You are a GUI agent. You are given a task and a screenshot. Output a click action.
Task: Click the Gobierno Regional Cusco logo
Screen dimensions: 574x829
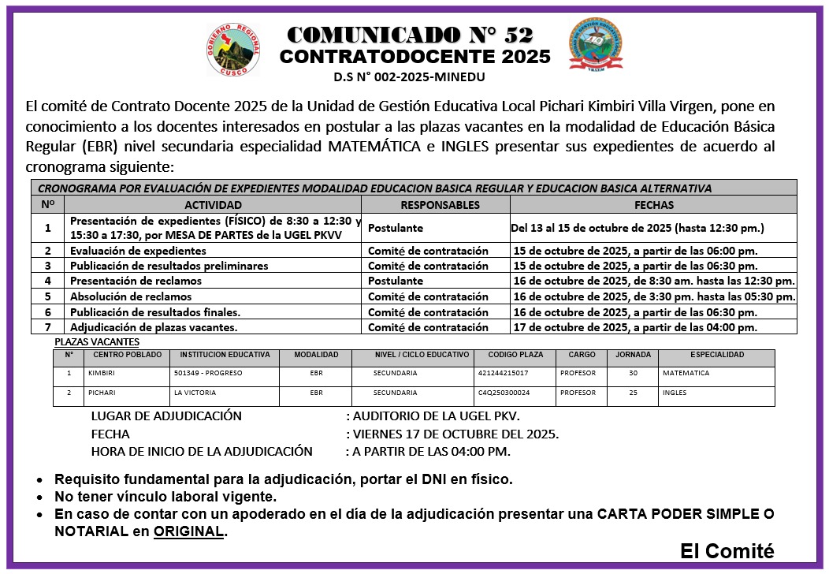(x=232, y=49)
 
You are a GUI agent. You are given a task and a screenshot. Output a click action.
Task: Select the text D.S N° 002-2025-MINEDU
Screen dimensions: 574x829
(x=409, y=77)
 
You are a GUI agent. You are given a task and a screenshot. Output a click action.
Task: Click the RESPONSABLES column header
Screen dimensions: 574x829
(x=439, y=205)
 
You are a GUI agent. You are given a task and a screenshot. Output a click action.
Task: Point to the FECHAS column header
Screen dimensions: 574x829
(x=653, y=205)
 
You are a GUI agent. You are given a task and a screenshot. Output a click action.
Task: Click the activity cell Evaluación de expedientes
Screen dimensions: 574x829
(x=138, y=251)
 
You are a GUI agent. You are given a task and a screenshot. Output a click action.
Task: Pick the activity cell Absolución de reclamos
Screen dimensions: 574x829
(x=131, y=296)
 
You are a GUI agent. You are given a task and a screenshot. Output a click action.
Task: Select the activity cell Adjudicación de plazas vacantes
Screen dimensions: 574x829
(x=154, y=327)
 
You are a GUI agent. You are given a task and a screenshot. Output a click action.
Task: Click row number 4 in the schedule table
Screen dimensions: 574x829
(x=48, y=281)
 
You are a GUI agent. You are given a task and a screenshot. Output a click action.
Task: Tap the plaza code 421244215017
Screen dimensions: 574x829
(x=503, y=373)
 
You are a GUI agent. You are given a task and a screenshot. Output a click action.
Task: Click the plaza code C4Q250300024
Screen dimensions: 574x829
(x=504, y=393)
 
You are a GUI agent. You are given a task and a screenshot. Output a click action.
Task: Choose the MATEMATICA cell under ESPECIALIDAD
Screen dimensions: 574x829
(x=686, y=373)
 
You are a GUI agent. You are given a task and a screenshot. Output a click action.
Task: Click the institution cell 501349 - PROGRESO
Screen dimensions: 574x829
(x=206, y=373)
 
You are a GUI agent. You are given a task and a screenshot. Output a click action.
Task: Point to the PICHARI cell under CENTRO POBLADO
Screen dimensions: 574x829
(x=102, y=393)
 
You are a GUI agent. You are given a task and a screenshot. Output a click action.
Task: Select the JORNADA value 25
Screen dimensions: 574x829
(x=633, y=393)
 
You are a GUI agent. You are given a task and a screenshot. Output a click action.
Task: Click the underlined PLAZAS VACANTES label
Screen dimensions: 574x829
(x=97, y=342)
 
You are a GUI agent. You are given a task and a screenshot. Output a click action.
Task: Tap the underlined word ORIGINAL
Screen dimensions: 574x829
(x=189, y=532)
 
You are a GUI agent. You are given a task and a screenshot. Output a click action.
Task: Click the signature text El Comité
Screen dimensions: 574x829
(x=727, y=551)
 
